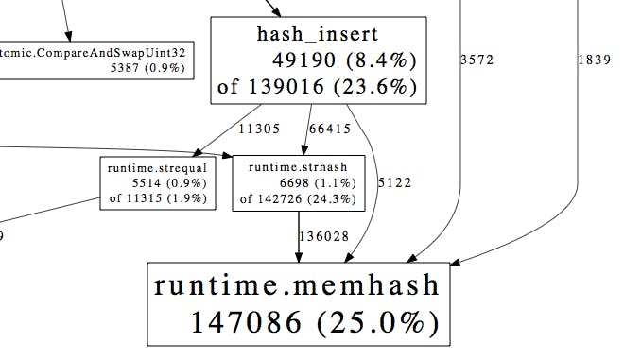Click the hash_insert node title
click(x=317, y=35)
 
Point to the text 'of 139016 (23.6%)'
click(x=317, y=89)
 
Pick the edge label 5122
click(x=393, y=182)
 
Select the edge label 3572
click(x=477, y=60)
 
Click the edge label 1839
click(x=593, y=60)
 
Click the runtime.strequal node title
click(x=157, y=168)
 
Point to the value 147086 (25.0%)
click(x=315, y=321)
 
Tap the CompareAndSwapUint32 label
click(x=94, y=53)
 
